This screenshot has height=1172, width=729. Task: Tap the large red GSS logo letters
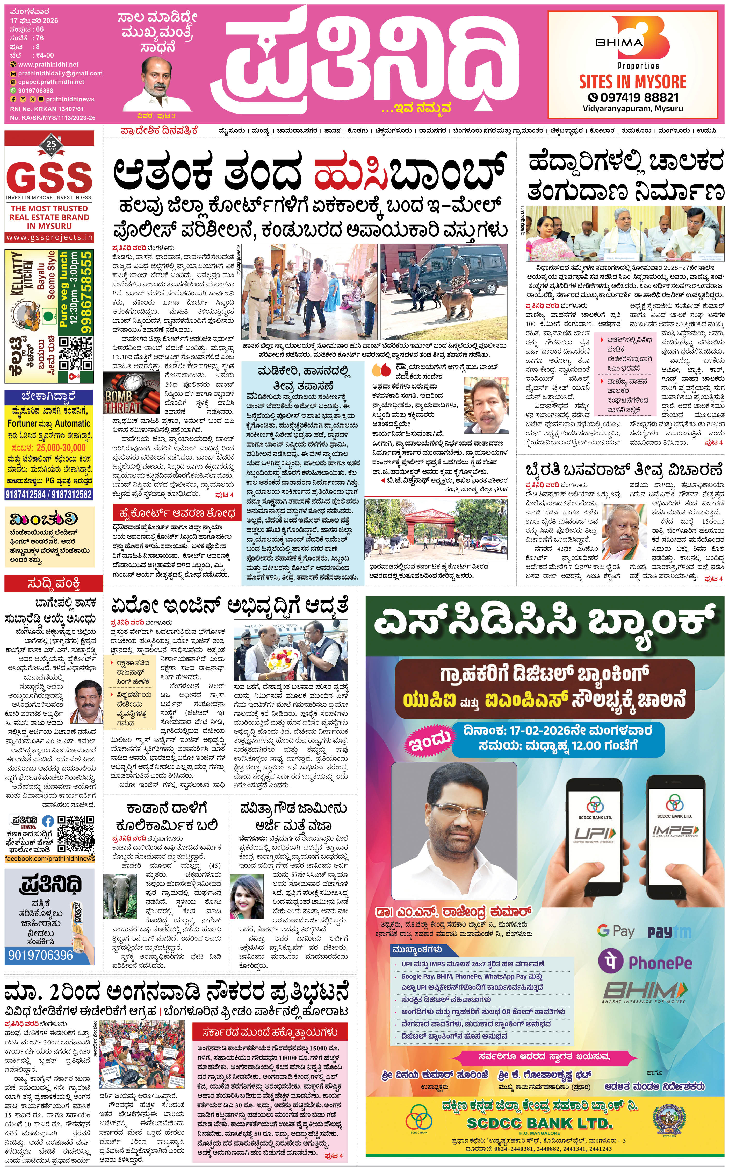coord(50,176)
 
